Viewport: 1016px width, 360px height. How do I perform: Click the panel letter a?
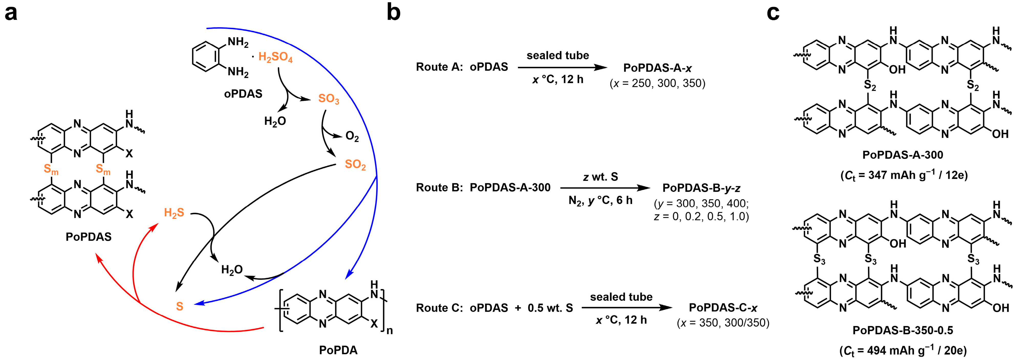tap(11, 13)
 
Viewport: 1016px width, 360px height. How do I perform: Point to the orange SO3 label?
tap(328, 99)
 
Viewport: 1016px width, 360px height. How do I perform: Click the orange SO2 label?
tap(355, 165)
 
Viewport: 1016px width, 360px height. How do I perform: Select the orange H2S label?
tap(174, 213)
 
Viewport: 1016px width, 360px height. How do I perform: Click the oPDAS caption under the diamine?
tap(243, 94)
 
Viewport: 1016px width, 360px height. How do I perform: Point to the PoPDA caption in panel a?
tap(338, 350)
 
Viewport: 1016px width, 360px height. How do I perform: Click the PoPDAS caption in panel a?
tap(88, 237)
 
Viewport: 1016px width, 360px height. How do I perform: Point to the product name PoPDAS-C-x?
tap(723, 308)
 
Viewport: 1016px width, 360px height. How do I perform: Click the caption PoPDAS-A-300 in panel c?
tap(903, 155)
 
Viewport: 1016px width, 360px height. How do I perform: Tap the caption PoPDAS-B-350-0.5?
tap(903, 330)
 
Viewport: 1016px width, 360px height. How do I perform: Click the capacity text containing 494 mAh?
tap(903, 350)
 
